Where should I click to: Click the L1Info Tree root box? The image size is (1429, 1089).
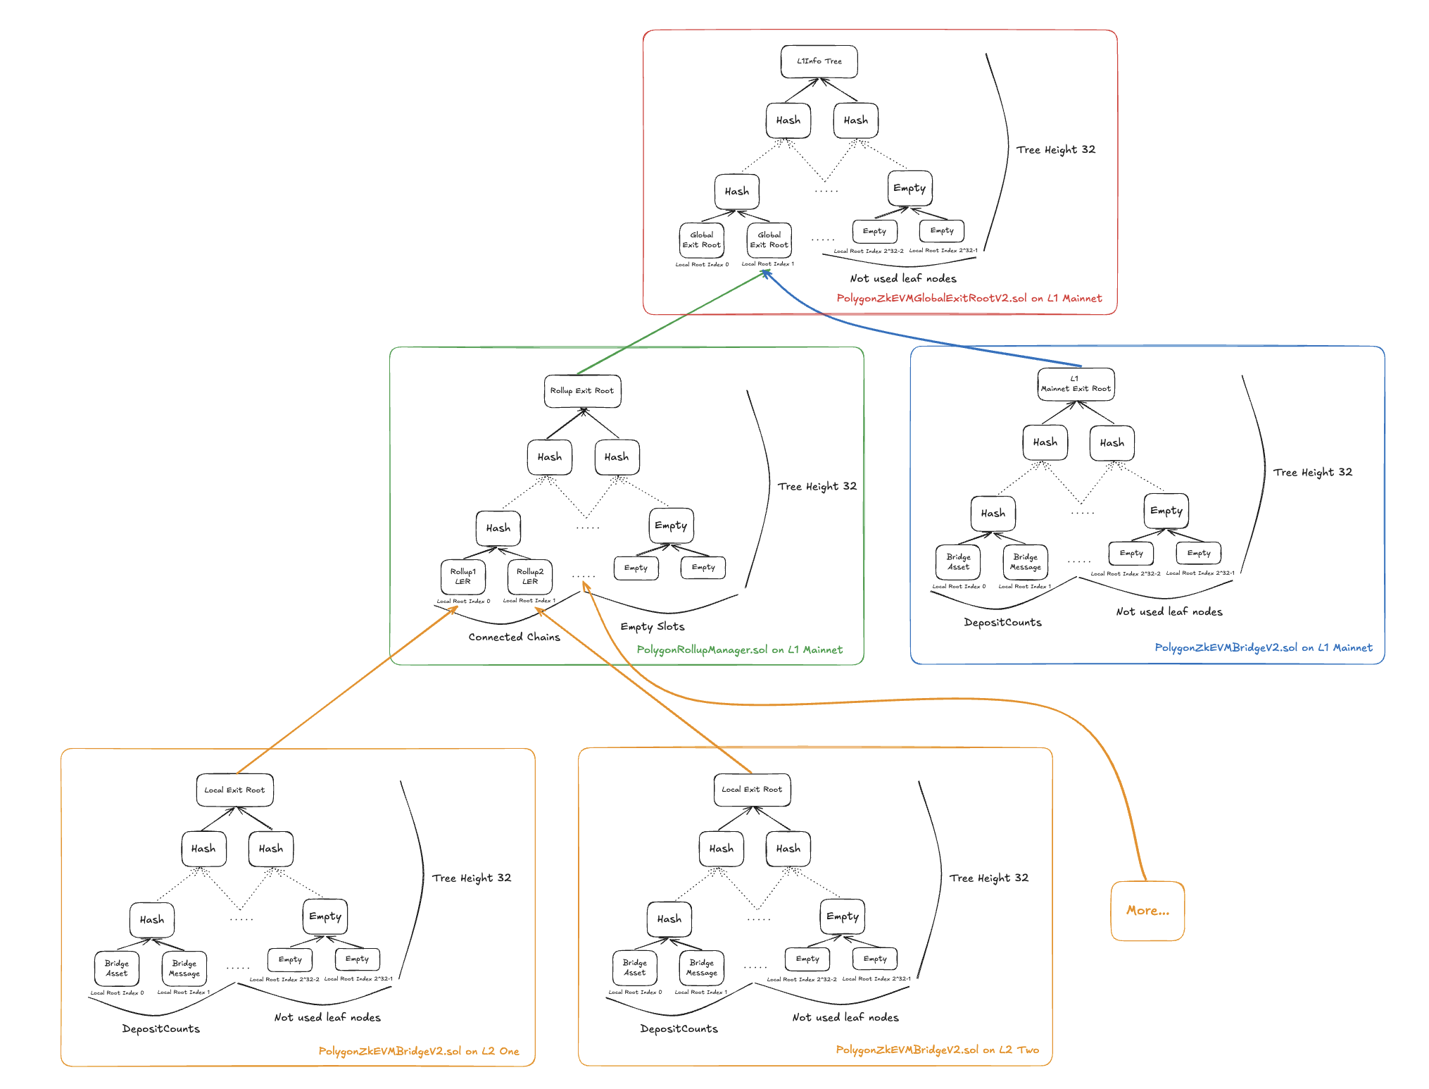819,61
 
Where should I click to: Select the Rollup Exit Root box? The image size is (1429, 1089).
582,391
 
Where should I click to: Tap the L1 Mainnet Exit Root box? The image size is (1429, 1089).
1076,385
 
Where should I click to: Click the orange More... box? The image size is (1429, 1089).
1147,910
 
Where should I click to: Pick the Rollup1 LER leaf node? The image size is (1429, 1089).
462,577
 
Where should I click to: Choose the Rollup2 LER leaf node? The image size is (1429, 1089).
530,577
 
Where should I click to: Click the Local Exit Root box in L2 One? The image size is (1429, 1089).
234,790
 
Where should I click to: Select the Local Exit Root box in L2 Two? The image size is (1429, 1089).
752,790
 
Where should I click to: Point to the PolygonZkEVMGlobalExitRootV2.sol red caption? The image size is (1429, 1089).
969,299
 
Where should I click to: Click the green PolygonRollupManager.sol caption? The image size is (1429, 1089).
739,649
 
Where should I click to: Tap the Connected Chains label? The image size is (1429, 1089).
514,637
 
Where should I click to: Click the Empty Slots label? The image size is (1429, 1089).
652,626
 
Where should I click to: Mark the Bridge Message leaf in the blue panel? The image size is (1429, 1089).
1025,562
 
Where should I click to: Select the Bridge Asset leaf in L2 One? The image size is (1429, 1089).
117,969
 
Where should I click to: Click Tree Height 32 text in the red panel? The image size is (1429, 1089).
1055,149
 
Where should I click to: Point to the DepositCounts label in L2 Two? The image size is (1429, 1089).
679,1028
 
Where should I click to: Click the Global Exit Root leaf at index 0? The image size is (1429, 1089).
701,240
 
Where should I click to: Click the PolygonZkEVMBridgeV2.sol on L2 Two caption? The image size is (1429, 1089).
937,1050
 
